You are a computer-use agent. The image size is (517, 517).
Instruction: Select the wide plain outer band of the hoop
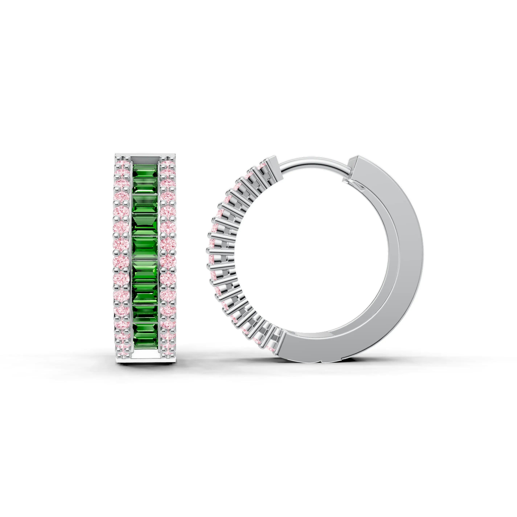tap(409, 257)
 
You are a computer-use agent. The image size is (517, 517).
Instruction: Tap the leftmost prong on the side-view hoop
tap(208, 250)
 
